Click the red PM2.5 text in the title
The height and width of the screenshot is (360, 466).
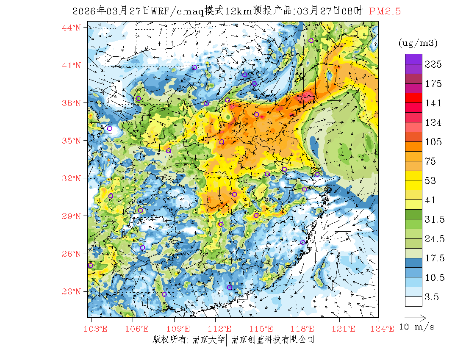[x=385, y=11]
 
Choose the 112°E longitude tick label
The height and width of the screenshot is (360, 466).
[x=222, y=329]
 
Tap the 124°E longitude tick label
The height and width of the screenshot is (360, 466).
[x=385, y=329]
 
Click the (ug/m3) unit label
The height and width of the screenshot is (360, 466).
[x=418, y=43]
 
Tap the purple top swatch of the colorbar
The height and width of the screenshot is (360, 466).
[x=413, y=59]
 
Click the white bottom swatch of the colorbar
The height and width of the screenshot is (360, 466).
[x=413, y=301]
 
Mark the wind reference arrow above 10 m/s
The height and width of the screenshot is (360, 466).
[x=415, y=317]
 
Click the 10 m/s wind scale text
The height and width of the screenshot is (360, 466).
[x=417, y=327]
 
